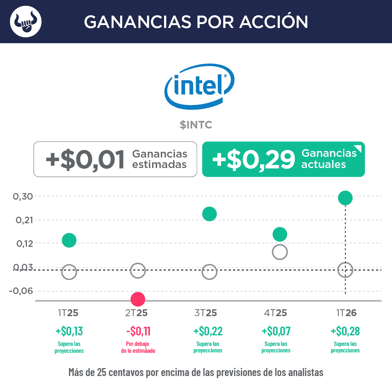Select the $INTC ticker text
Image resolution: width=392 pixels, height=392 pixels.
pyautogui.click(x=196, y=125)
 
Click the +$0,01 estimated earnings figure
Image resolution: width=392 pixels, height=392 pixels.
pyautogui.click(x=85, y=159)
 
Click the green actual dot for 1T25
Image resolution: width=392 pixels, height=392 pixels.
pyautogui.click(x=69, y=240)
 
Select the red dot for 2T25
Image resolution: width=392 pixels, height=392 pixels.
pyautogui.click(x=138, y=299)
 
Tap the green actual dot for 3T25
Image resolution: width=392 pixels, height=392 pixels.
pyautogui.click(x=209, y=214)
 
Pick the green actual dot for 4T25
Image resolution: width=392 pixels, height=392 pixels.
pyautogui.click(x=280, y=234)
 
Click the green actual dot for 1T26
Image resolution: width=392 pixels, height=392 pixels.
pyautogui.click(x=345, y=198)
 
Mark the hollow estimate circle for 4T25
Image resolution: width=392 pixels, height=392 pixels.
pyautogui.click(x=280, y=252)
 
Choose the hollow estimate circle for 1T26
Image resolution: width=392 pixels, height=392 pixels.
pyautogui.click(x=345, y=270)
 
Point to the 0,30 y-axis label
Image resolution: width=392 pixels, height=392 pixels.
pyautogui.click(x=23, y=196)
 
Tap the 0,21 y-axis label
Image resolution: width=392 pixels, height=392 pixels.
pyautogui.click(x=23, y=220)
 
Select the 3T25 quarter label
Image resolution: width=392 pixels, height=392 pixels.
pyautogui.click(x=206, y=313)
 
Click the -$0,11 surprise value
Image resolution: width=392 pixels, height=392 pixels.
pyautogui.click(x=138, y=331)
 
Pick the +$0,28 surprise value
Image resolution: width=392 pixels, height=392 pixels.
pyautogui.click(x=345, y=331)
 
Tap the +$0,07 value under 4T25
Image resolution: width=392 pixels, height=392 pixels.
pyautogui.click(x=276, y=331)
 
